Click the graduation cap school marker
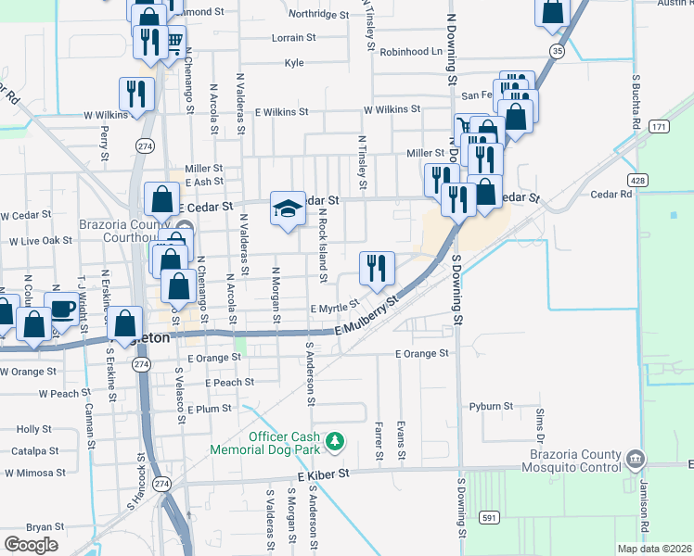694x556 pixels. [x=288, y=208]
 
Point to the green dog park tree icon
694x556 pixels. [x=335, y=439]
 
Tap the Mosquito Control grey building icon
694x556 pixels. [x=636, y=458]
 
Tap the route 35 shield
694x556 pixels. [x=557, y=52]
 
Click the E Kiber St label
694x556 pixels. [x=323, y=474]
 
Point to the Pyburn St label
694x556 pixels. [x=491, y=406]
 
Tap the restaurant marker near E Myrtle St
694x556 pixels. [x=377, y=269]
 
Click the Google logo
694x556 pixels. [x=31, y=545]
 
